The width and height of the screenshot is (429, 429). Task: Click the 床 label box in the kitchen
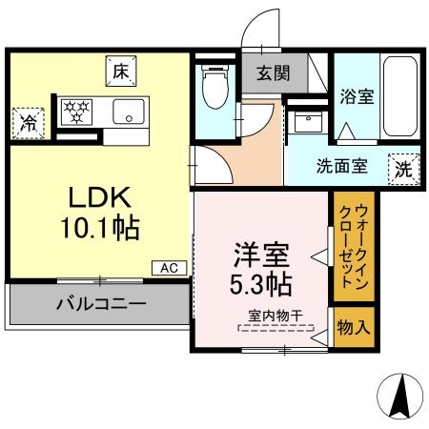tap(120, 71)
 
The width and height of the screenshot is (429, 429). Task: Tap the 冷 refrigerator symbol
tap(28, 121)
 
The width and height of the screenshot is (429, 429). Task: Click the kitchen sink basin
tap(125, 112)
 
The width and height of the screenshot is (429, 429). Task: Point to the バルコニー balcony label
tap(99, 306)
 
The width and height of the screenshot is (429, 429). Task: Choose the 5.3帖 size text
tap(260, 283)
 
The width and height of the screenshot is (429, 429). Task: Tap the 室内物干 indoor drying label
tap(274, 317)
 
